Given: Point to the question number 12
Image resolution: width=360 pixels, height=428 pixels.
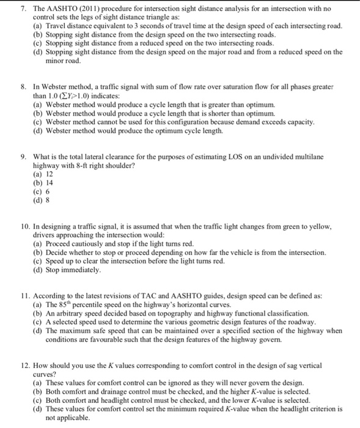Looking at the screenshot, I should coord(20,366).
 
